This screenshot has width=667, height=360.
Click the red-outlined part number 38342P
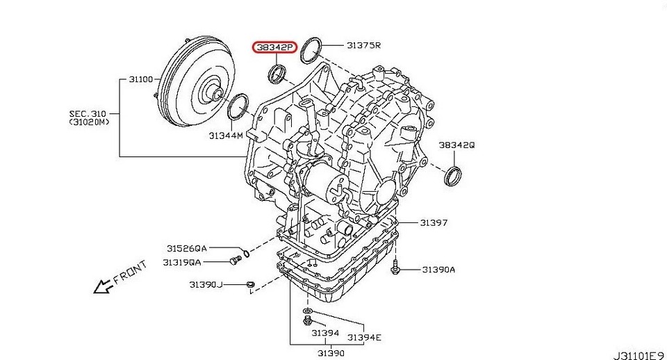(274, 47)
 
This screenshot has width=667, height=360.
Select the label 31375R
(363, 44)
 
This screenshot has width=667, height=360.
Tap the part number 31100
(141, 79)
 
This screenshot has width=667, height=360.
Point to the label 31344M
(225, 136)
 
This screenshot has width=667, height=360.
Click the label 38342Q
(456, 145)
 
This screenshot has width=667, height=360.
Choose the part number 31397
(434, 222)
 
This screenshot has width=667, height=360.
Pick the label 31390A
(438, 270)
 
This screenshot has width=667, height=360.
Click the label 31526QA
(187, 247)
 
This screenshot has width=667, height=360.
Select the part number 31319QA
(181, 262)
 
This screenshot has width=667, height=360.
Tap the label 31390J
(206, 284)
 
